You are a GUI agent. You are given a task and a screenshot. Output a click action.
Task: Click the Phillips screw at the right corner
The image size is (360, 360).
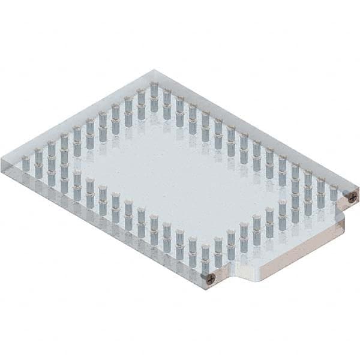tap(353, 195)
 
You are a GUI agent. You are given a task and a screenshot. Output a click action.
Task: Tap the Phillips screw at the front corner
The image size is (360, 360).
tap(210, 277)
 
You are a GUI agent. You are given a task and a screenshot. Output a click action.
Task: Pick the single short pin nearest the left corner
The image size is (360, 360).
tap(26, 163)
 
